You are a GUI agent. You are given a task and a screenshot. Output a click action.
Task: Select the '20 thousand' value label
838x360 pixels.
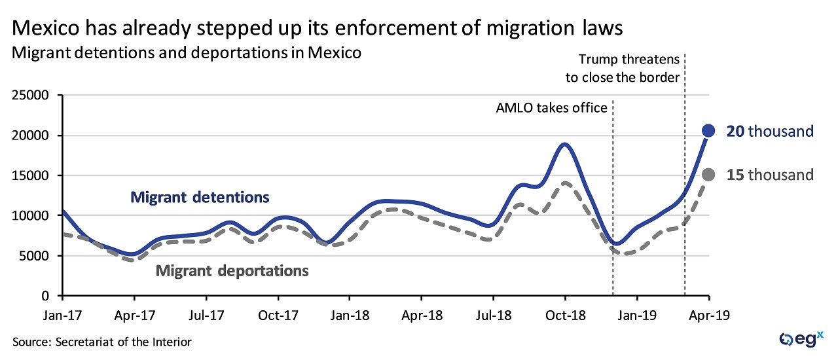(769, 132)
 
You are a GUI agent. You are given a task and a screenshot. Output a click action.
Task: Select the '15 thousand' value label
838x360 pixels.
(769, 175)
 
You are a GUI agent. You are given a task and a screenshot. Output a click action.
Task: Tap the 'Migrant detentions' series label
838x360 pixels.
(200, 196)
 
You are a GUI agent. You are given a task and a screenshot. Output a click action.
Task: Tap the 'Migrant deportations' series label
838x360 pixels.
(232, 270)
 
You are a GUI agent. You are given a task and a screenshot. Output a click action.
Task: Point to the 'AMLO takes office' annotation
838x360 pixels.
(551, 107)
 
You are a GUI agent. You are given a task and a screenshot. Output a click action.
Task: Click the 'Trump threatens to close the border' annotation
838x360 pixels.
(623, 67)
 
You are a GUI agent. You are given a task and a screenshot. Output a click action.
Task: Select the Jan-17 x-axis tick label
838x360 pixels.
(62, 315)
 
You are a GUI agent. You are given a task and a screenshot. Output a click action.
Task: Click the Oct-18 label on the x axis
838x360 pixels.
(565, 315)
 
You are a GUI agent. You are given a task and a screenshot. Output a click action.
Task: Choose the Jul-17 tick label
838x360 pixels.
(206, 315)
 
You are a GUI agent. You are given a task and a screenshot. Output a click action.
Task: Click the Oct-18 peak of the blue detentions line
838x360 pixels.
(565, 144)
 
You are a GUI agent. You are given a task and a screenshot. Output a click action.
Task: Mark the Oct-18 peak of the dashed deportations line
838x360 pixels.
(564, 183)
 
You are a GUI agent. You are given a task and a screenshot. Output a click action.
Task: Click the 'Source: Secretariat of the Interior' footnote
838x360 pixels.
(101, 342)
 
